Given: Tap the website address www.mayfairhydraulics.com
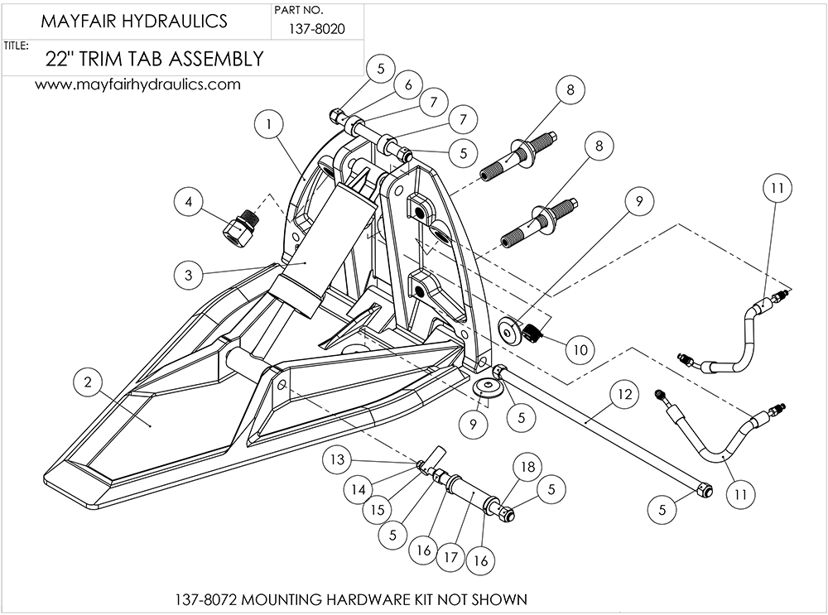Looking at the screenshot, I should (137, 84).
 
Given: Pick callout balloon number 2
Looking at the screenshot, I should (89, 382).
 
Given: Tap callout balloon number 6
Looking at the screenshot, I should (409, 84).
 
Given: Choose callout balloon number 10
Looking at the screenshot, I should (580, 349).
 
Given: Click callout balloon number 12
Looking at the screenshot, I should (625, 396).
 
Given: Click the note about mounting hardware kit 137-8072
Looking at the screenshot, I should (351, 598).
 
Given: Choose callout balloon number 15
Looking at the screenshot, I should (378, 510).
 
